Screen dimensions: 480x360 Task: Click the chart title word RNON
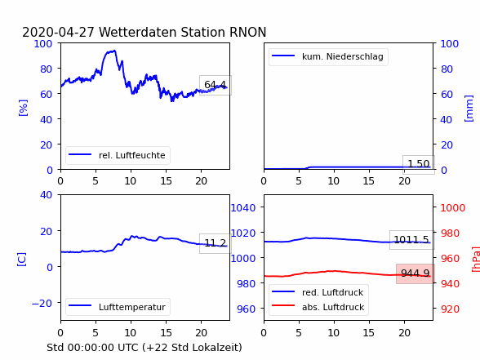pos(247,32)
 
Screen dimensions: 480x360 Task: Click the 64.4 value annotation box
pos(216,85)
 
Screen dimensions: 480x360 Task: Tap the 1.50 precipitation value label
pos(419,164)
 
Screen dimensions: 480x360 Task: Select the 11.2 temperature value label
pos(216,243)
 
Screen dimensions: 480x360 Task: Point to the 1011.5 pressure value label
pos(411,240)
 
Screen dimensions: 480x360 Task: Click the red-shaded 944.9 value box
pos(416,273)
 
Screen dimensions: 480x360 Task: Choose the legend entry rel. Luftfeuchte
pos(118,155)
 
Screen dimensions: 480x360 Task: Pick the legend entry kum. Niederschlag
pos(328,56)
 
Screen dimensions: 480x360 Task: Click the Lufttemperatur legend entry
pos(118,307)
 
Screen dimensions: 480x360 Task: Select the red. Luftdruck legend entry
pos(318,292)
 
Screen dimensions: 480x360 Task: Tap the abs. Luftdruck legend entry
pos(318,307)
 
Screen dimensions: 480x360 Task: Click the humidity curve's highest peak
pos(114,51)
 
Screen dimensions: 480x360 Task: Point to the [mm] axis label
pos(469,109)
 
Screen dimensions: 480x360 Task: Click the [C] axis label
pos(22,260)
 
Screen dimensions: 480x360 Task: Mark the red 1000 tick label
pos(453,208)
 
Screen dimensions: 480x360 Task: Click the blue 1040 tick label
pos(243,208)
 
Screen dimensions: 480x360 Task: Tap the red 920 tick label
pos(450,309)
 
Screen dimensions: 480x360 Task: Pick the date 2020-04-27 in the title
pos(58,32)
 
